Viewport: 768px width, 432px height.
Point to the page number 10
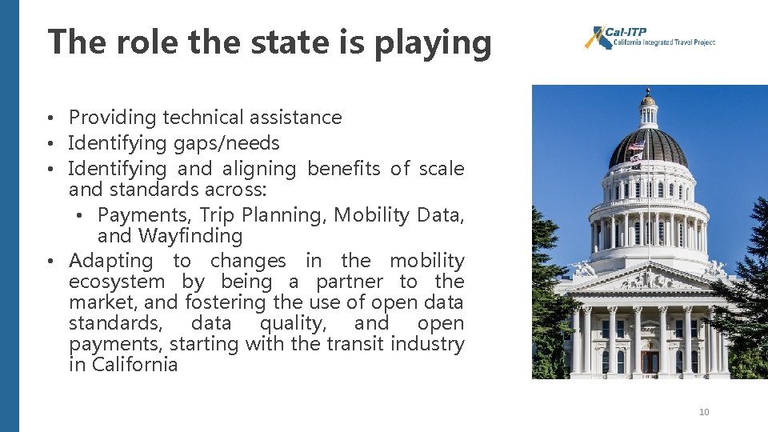[x=704, y=412]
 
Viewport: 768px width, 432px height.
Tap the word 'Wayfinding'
[x=190, y=236]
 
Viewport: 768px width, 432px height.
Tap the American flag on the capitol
[x=636, y=145]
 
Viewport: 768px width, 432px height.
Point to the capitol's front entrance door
[x=650, y=362]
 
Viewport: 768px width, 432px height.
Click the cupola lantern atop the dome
[x=648, y=109]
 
